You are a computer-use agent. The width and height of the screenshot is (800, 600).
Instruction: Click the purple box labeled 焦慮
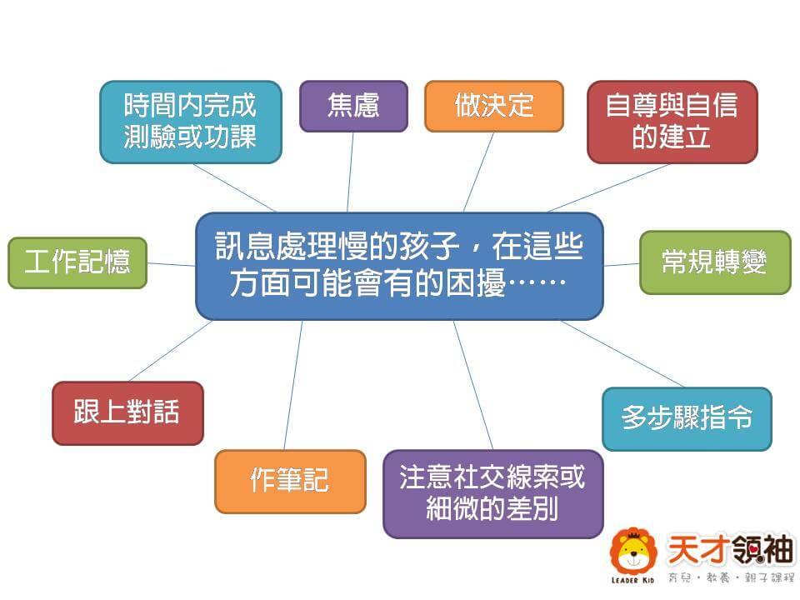tap(353, 106)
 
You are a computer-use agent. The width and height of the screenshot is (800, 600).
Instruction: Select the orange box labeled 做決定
tap(494, 106)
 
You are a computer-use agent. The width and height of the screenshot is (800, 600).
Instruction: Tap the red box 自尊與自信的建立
tap(672, 122)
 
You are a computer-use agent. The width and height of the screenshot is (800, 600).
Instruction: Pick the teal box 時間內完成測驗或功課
tap(191, 122)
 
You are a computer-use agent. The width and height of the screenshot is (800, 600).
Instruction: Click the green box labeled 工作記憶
tap(77, 262)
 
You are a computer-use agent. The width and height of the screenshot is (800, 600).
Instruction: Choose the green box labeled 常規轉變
tap(715, 262)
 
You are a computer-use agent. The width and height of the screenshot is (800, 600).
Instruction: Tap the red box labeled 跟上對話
tap(127, 412)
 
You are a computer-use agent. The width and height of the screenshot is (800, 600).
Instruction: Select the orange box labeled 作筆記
tap(290, 481)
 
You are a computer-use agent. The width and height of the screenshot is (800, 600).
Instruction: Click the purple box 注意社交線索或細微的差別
tap(492, 494)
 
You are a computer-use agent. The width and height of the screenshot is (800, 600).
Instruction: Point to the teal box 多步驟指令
tap(687, 419)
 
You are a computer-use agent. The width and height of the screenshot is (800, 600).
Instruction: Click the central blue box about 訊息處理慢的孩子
tap(399, 266)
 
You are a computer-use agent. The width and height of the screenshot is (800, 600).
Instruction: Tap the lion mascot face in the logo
tap(633, 552)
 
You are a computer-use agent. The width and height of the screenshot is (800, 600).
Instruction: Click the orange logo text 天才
tap(698, 548)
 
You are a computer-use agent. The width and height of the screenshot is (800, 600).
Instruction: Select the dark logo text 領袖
tap(762, 548)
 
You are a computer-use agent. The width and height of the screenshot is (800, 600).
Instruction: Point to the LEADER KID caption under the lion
tap(632, 581)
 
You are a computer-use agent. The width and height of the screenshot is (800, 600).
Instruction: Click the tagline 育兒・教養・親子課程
tap(731, 578)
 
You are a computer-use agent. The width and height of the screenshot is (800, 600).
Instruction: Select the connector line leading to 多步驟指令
tap(622, 353)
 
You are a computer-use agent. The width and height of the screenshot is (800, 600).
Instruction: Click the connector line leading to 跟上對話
tap(171, 351)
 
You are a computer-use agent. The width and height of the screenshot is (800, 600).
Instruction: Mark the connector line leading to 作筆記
tap(293, 385)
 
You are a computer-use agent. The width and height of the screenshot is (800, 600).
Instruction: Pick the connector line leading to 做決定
tap(478, 172)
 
